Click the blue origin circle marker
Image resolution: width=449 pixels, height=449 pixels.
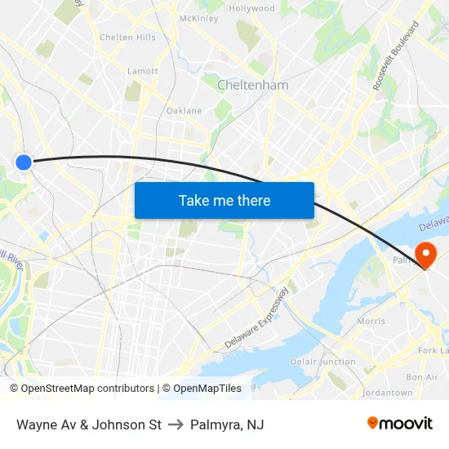pos(24,162)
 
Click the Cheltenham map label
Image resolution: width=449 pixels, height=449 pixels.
pos(252,85)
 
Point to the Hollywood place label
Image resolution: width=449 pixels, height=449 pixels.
pos(251,8)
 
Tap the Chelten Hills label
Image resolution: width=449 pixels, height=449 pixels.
pos(127,38)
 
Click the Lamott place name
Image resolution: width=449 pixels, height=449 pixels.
pos(143,71)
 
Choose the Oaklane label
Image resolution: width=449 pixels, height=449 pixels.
pos(184,110)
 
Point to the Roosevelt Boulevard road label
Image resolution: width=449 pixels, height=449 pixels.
pos(396,56)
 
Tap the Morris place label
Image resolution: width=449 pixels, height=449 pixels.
pos(371,321)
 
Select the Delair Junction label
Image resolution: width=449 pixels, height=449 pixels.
pos(323,362)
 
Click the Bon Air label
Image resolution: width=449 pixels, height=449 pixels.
pos(421,377)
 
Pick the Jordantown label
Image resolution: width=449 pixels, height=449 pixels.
pos(387,393)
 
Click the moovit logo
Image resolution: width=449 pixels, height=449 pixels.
pos(400,423)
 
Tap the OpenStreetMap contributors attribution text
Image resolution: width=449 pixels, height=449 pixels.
pos(87,389)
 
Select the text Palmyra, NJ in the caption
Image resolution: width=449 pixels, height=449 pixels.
pos(227,425)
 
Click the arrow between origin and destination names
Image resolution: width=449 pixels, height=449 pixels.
pos(176,425)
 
